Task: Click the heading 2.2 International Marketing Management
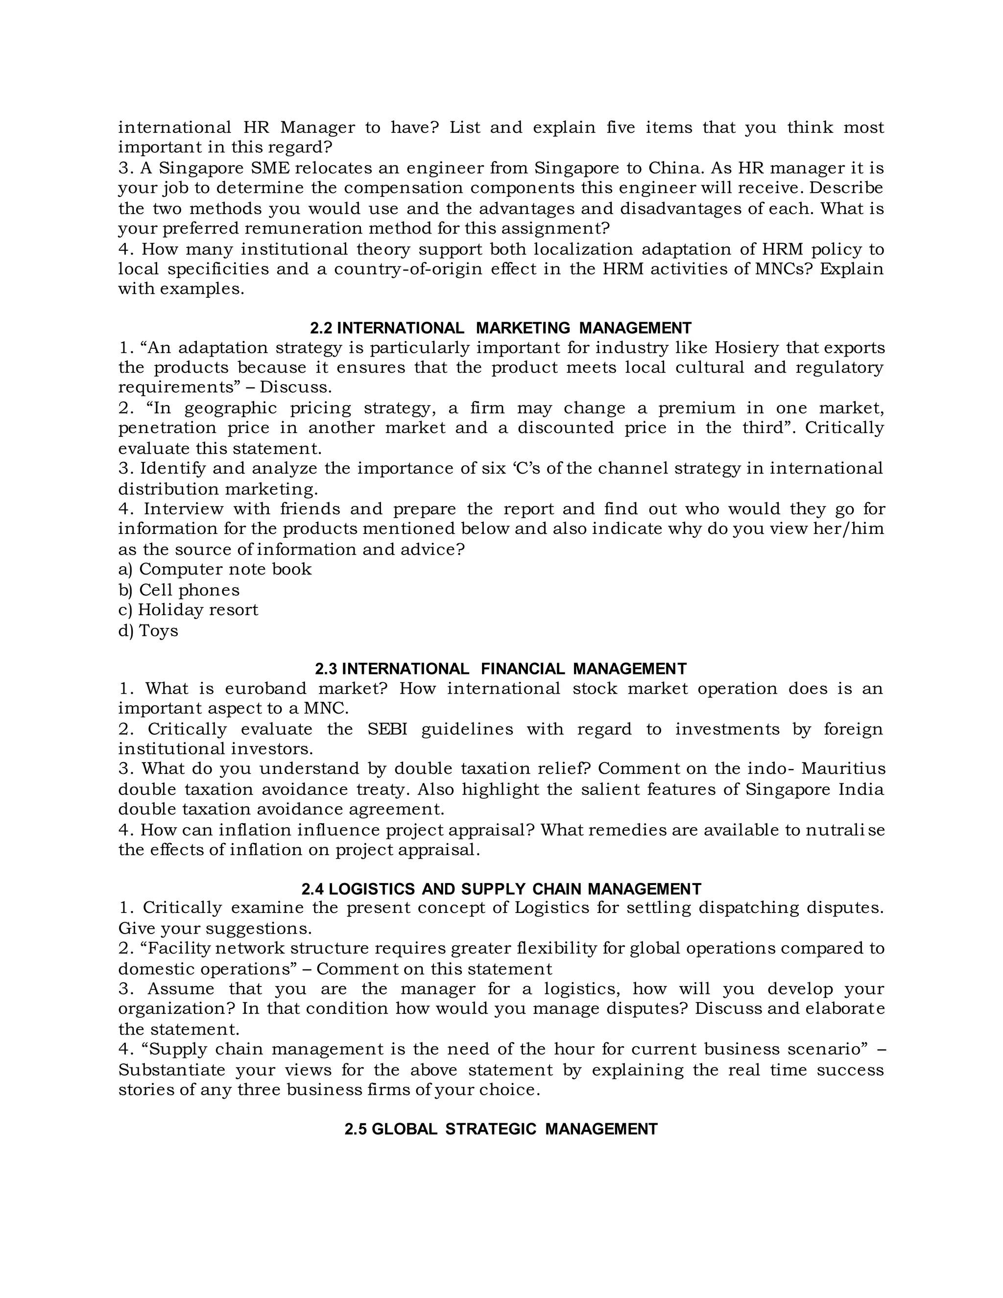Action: click(x=501, y=328)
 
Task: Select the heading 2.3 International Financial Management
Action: click(x=501, y=669)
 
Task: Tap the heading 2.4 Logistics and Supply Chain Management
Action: click(x=501, y=889)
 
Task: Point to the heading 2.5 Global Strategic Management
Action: click(x=501, y=1129)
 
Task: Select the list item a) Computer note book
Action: click(x=215, y=569)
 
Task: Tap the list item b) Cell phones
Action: click(x=179, y=590)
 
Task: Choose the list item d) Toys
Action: click(x=148, y=630)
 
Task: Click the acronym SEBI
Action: click(x=387, y=729)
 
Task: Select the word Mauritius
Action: click(x=842, y=769)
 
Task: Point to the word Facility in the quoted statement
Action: click(x=176, y=949)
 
